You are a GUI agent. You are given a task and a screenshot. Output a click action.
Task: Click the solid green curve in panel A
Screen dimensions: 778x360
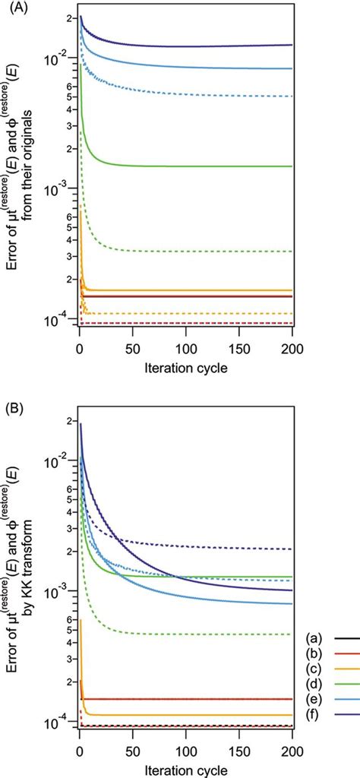coord(190,166)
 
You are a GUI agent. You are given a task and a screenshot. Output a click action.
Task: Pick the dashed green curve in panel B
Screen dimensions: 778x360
coord(190,634)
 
